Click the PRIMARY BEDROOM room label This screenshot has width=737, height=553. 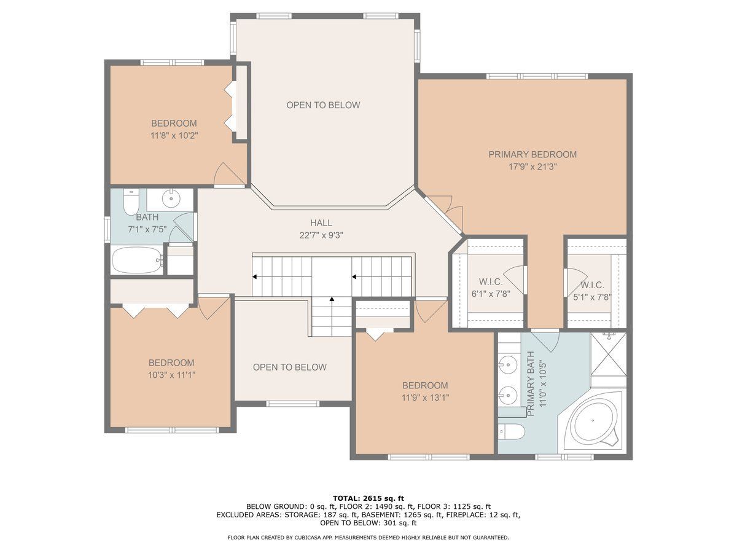pos(532,154)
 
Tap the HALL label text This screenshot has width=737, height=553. pos(321,222)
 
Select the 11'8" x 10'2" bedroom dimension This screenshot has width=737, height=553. pos(174,136)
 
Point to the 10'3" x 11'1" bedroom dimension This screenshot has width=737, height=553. pos(171,375)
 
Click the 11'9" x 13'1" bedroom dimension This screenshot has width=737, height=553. pos(426,398)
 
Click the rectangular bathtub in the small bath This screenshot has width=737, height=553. pos(138,261)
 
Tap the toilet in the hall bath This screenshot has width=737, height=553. pos(131,202)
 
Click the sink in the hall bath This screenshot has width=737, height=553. pos(171,198)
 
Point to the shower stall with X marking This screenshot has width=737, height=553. pos(609,355)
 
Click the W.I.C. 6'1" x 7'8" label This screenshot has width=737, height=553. pos(491,288)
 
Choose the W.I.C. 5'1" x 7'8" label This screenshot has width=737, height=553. pos(592,291)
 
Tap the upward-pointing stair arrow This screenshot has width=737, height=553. pos(332,316)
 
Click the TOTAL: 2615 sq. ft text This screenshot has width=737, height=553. pos(368,498)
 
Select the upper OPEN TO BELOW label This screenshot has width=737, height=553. pos(323,105)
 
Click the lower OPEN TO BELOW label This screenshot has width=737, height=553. pos(290,367)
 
